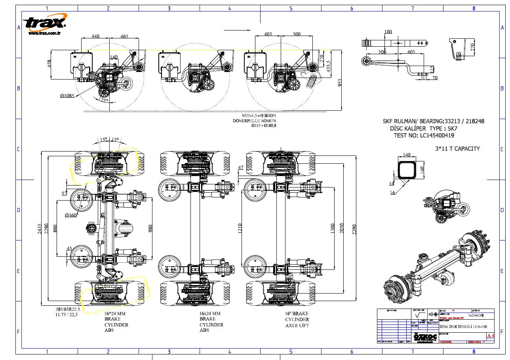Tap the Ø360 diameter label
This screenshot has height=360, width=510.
coord(72,215)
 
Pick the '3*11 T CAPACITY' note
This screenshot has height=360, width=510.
coord(457,149)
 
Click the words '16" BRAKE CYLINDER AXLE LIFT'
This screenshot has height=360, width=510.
coord(297,319)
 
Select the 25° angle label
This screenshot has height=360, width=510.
coord(105,100)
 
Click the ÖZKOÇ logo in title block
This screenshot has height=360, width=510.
coord(425,337)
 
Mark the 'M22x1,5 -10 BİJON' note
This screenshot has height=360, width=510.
coord(254,116)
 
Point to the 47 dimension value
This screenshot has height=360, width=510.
coord(240,168)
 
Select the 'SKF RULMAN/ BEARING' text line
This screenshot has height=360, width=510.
coord(433,121)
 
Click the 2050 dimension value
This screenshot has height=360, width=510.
coord(343,228)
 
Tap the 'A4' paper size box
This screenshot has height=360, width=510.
coord(490,336)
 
